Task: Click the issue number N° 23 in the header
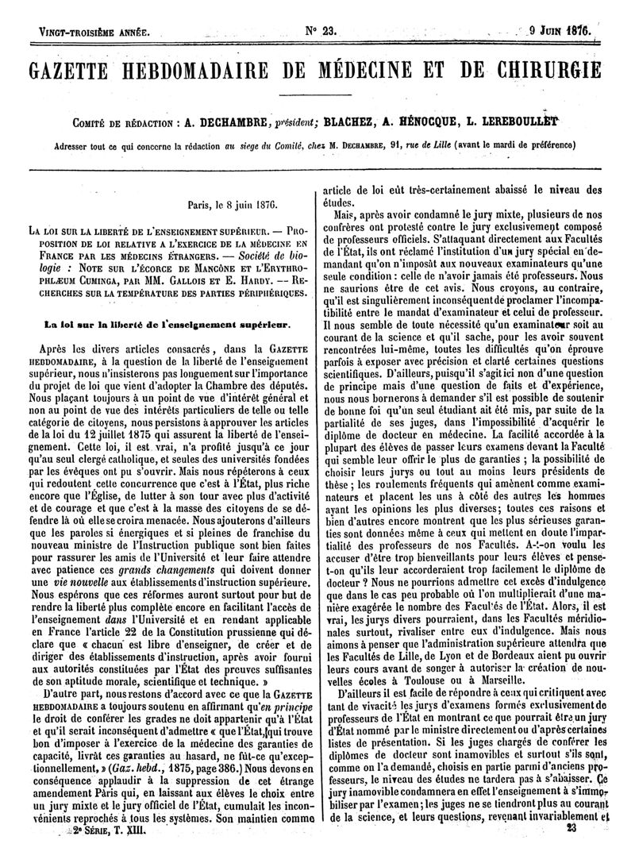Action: [x=321, y=32]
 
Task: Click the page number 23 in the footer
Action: [x=570, y=850]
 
